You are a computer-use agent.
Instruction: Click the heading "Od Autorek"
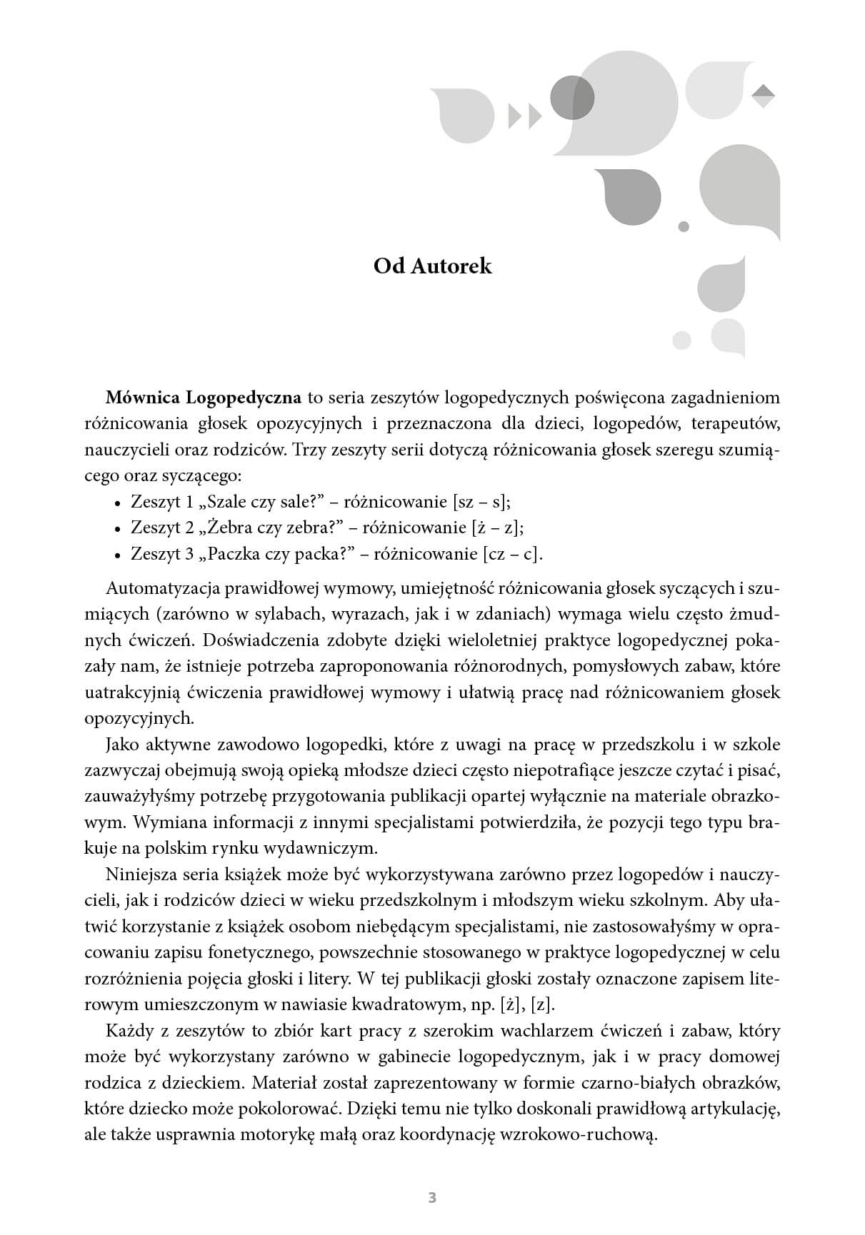(x=433, y=266)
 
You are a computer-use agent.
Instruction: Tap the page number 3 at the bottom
(x=432, y=1197)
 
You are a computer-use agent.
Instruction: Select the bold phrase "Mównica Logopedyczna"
(x=204, y=397)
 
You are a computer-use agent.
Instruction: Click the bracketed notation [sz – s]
(x=482, y=502)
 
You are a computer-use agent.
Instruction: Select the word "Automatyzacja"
(x=163, y=588)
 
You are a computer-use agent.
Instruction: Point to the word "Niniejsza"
(x=141, y=874)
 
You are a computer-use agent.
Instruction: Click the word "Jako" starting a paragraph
(x=122, y=745)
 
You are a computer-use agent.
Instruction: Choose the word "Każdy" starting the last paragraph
(x=128, y=1031)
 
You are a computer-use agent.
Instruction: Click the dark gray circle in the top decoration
(x=572, y=97)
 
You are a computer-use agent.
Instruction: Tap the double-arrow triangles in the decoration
(x=525, y=116)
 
